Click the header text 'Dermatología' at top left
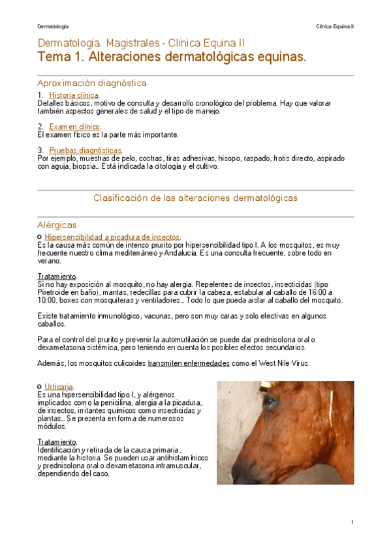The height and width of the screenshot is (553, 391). pyautogui.click(x=53, y=26)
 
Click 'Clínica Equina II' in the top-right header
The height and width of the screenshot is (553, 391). pyautogui.click(x=334, y=26)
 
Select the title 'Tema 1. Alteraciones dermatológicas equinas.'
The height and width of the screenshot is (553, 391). pyautogui.click(x=172, y=58)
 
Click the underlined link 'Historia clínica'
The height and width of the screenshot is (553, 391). pyautogui.click(x=74, y=95)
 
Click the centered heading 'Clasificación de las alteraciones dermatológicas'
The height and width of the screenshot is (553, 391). pyautogui.click(x=195, y=197)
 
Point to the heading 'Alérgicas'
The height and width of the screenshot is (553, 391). pyautogui.click(x=57, y=224)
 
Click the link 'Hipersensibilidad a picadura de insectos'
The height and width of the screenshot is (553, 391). pyautogui.click(x=112, y=237)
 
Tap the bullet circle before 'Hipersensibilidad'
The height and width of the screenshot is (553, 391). pyautogui.click(x=40, y=236)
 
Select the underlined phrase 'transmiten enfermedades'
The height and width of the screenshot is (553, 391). pyautogui.click(x=189, y=363)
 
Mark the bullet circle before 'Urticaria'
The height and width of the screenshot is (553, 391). pyautogui.click(x=40, y=386)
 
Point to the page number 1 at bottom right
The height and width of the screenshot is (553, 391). pyautogui.click(x=352, y=522)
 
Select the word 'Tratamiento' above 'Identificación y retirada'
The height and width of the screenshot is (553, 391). pyautogui.click(x=57, y=442)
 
